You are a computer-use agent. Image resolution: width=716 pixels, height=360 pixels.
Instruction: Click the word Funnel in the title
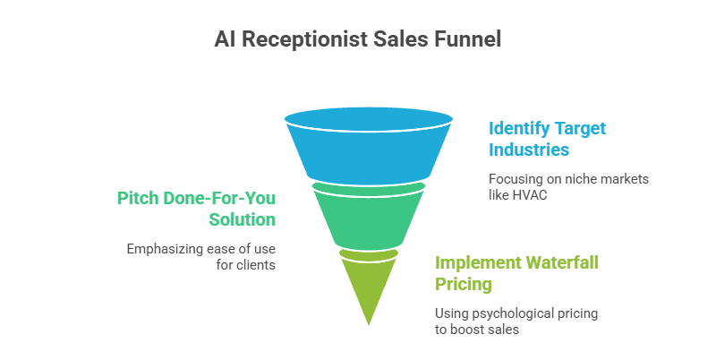click(467, 39)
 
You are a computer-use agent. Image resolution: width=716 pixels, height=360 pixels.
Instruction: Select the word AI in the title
click(225, 39)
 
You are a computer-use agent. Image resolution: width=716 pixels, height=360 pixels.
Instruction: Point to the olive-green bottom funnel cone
click(368, 287)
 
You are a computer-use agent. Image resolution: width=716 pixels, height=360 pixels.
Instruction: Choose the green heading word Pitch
click(137, 197)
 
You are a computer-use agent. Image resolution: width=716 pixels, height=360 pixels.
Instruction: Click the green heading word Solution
click(242, 219)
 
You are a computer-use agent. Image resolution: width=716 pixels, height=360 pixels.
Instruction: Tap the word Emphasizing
click(166, 248)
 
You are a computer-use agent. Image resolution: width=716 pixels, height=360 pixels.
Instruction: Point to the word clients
click(255, 265)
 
